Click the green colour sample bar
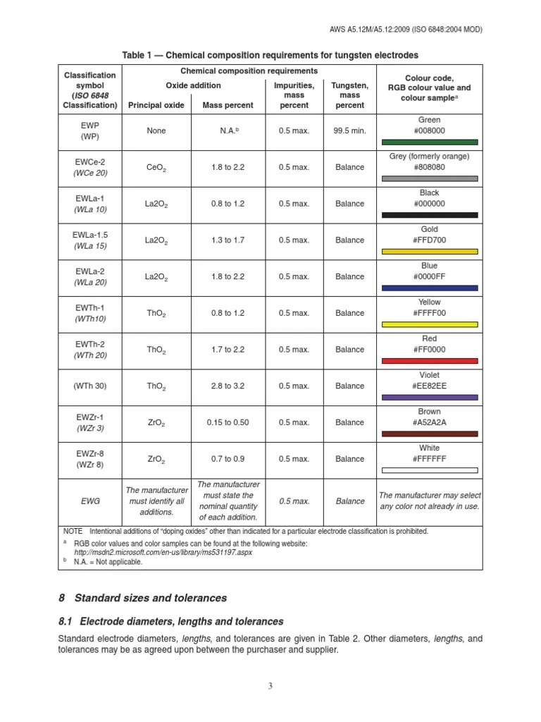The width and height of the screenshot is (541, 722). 429,142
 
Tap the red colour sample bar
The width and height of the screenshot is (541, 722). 429,361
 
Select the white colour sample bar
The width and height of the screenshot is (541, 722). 429,470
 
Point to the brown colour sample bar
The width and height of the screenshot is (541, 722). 429,434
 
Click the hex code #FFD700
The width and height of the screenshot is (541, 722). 429,240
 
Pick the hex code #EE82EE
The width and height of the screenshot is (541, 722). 429,386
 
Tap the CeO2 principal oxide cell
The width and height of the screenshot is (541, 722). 156,168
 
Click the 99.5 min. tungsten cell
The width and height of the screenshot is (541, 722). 349,131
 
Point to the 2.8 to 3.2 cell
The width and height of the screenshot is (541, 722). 228,386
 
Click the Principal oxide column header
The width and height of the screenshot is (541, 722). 156,105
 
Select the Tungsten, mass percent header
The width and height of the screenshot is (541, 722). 349,95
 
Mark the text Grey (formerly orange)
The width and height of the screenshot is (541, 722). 429,157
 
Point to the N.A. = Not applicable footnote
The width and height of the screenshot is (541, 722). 108,562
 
